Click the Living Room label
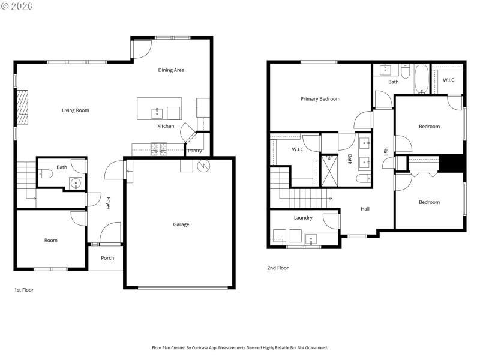pos(76,110)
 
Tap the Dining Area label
pos(171,70)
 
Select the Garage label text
pos(181,224)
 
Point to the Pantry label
pos(195,151)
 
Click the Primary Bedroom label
pos(320,99)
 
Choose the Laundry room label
pos(303,218)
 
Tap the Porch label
pos(107,258)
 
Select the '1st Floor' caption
pos(24,290)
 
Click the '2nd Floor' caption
pos(278,268)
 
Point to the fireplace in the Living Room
pos(22,107)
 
